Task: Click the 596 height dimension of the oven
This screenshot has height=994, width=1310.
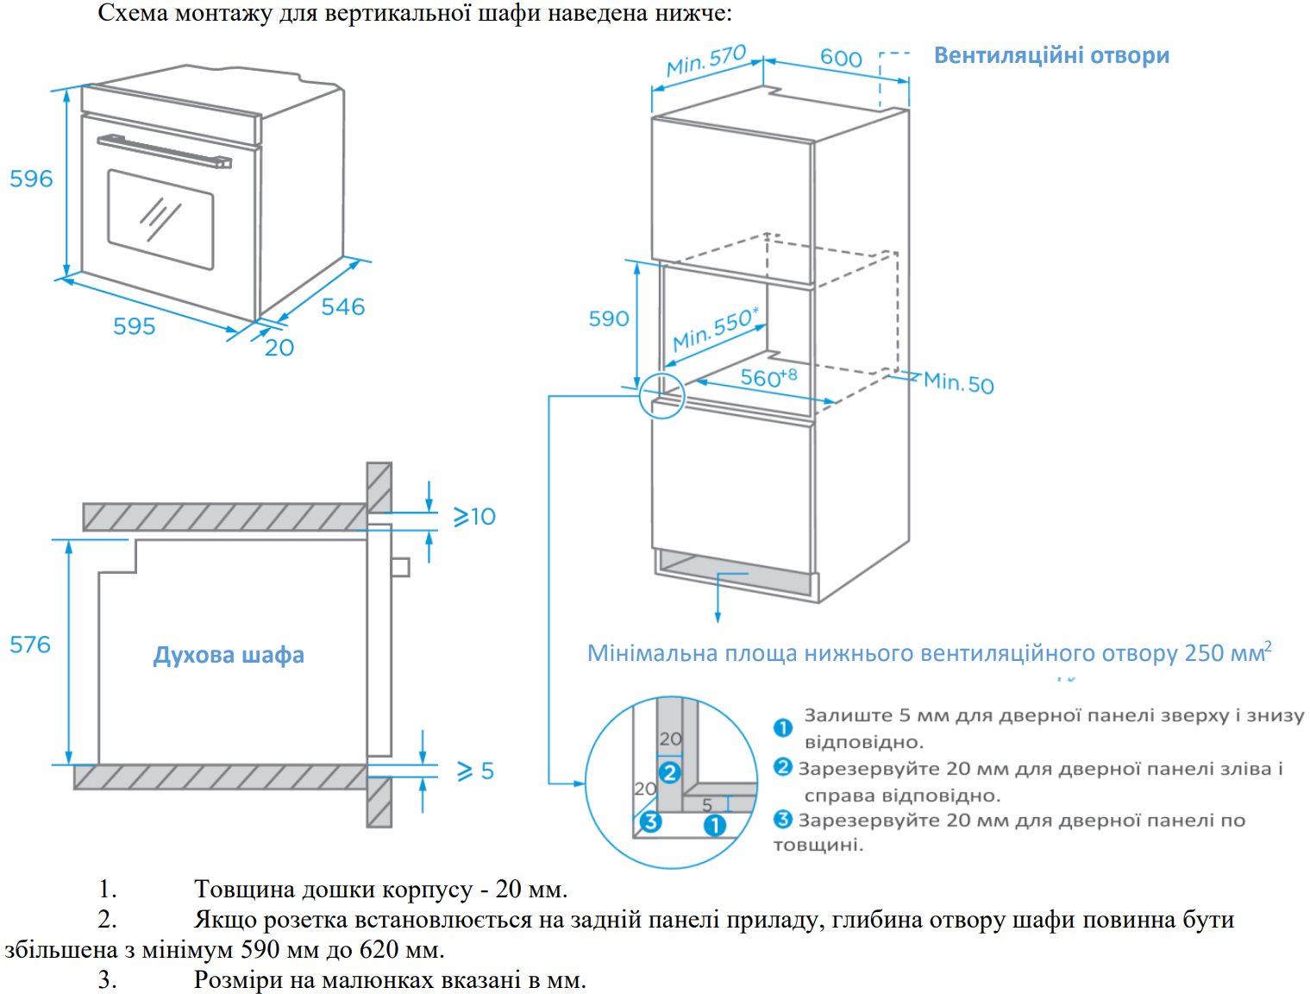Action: [31, 179]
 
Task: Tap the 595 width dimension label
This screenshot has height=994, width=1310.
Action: [134, 326]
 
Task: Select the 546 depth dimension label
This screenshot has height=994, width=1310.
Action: [342, 306]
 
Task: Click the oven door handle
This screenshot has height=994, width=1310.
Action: [164, 151]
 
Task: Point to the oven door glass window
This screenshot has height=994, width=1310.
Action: [160, 219]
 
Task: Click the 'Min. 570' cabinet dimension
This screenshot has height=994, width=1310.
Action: [705, 60]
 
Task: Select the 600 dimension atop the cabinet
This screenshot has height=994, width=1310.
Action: [840, 58]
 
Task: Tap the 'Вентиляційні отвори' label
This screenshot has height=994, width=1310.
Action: [1051, 55]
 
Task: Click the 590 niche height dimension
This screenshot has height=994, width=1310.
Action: [608, 318]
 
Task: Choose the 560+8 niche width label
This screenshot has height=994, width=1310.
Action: [768, 377]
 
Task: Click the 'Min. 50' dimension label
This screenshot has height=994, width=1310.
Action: [958, 382]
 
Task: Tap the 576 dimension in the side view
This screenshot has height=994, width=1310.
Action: [30, 645]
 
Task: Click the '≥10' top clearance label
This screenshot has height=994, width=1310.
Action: [474, 516]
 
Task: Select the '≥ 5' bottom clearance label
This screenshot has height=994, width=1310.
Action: [475, 771]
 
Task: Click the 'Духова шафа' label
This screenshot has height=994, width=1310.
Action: [229, 655]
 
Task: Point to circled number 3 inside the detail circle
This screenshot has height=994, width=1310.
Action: [650, 821]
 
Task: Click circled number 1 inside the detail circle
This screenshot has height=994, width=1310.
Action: [714, 826]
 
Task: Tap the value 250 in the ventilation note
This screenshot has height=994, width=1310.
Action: [1204, 653]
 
